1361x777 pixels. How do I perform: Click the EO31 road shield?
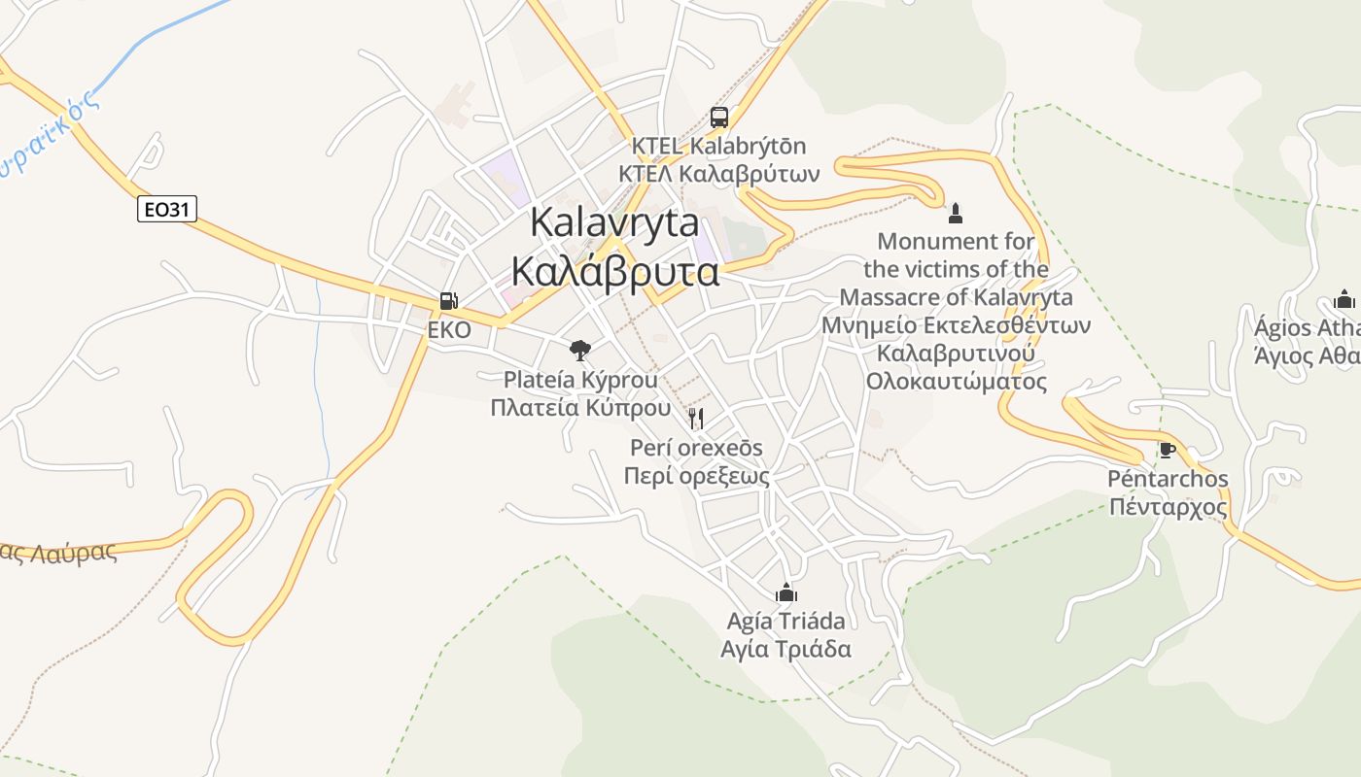click(x=167, y=209)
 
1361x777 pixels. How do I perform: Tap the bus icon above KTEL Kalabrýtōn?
click(x=719, y=118)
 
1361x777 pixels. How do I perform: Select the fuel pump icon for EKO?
click(x=448, y=301)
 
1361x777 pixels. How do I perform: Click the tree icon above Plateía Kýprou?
click(x=580, y=350)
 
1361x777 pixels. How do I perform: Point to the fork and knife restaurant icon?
click(x=696, y=419)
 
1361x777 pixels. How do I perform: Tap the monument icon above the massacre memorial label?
click(x=956, y=213)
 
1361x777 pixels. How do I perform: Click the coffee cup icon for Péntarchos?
click(x=1168, y=450)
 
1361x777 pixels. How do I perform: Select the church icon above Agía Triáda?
click(x=786, y=591)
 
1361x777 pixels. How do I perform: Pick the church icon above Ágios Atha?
click(x=1344, y=298)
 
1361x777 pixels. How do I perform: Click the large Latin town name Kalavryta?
click(x=614, y=222)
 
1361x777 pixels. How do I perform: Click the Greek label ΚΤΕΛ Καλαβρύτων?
click(x=718, y=174)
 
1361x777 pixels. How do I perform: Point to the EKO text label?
click(x=449, y=330)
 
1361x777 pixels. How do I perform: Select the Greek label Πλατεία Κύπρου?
click(x=580, y=407)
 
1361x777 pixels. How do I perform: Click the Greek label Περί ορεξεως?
click(x=696, y=476)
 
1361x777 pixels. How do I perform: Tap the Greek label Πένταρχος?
click(x=1168, y=507)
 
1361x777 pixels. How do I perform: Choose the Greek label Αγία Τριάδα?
click(x=786, y=649)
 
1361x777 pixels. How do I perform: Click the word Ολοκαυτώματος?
click(x=957, y=381)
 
